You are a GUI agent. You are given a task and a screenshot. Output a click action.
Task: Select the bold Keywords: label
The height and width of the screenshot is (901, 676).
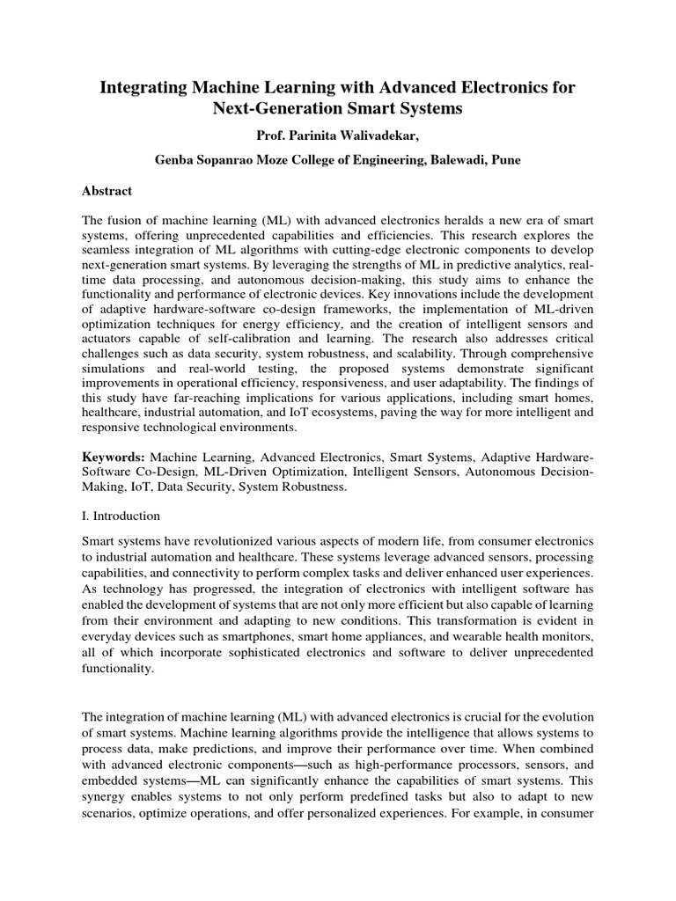(x=114, y=458)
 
